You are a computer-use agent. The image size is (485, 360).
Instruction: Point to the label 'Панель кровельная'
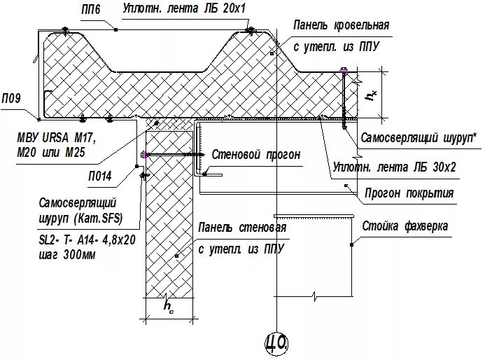[x=341, y=26]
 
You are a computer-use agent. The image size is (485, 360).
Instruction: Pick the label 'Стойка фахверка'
[x=406, y=227]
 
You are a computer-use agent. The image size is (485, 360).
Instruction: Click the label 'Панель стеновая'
[x=242, y=228]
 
